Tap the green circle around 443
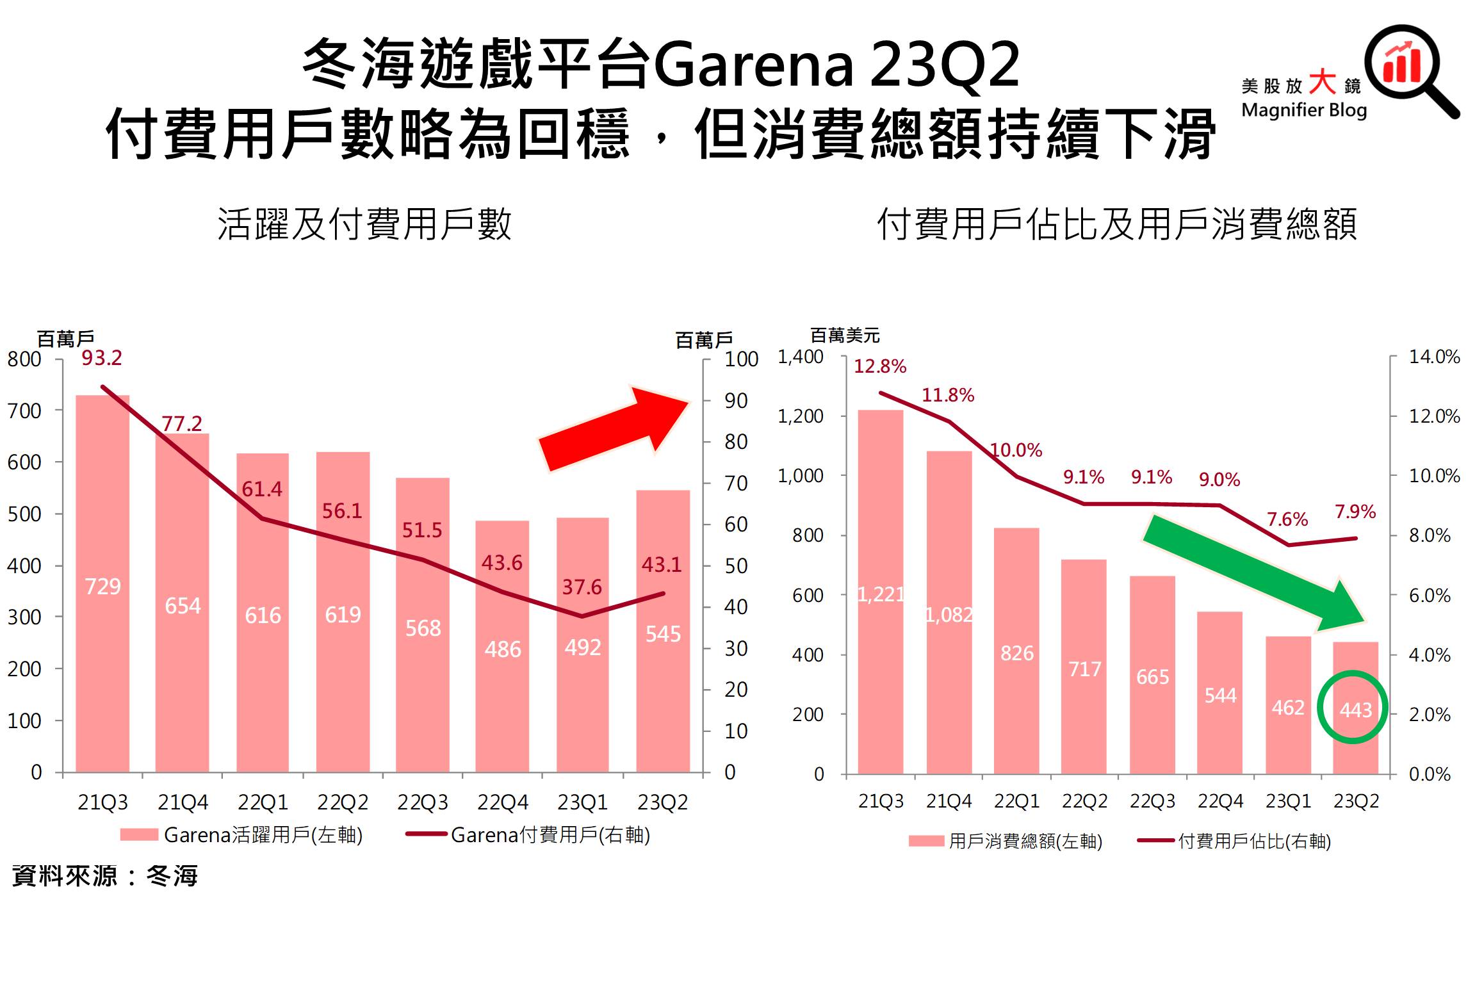pos(1353,707)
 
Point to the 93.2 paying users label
pos(102,358)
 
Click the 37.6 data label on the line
pos(582,587)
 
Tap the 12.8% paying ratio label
pos(880,367)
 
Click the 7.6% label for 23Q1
pos(1287,519)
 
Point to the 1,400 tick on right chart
pos(801,357)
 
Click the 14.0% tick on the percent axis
pos(1434,357)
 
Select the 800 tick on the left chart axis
pos(24,359)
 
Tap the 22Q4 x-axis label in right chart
pos(1220,801)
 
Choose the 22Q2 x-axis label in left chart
pos(343,802)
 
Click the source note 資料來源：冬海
pos(105,876)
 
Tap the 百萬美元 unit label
pos(845,336)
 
